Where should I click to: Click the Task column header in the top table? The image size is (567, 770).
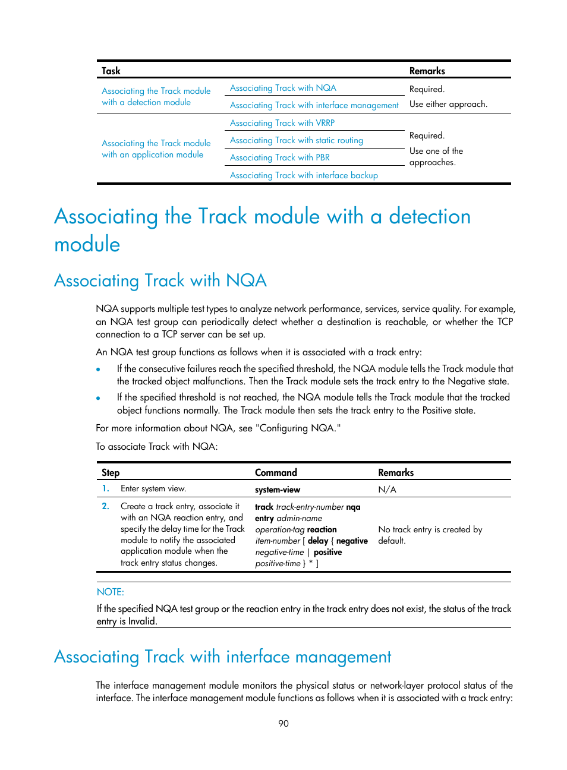click(x=111, y=71)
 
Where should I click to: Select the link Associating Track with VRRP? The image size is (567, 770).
click(x=282, y=123)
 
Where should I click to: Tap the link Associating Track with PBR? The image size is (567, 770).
click(x=280, y=157)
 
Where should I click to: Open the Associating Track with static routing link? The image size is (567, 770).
click(x=297, y=140)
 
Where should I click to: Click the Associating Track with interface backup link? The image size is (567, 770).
click(x=304, y=175)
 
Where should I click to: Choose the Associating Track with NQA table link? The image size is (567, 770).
click(x=283, y=88)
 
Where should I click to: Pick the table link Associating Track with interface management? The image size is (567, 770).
click(x=314, y=105)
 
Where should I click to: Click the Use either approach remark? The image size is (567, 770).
click(x=448, y=104)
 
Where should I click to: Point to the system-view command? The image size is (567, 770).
click(x=278, y=490)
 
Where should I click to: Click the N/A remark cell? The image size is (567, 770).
click(x=388, y=490)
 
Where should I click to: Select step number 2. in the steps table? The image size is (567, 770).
click(x=105, y=506)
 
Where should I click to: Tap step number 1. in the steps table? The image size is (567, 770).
click(x=105, y=488)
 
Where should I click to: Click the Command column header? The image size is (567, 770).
click(x=276, y=472)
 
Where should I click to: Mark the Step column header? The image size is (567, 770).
click(x=111, y=472)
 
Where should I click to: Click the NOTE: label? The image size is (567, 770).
click(x=111, y=592)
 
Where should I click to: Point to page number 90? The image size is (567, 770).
click(x=283, y=723)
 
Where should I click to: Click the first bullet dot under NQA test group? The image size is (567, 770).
click(x=98, y=369)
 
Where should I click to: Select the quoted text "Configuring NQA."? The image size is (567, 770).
click(x=298, y=428)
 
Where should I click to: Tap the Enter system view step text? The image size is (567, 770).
click(x=153, y=488)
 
